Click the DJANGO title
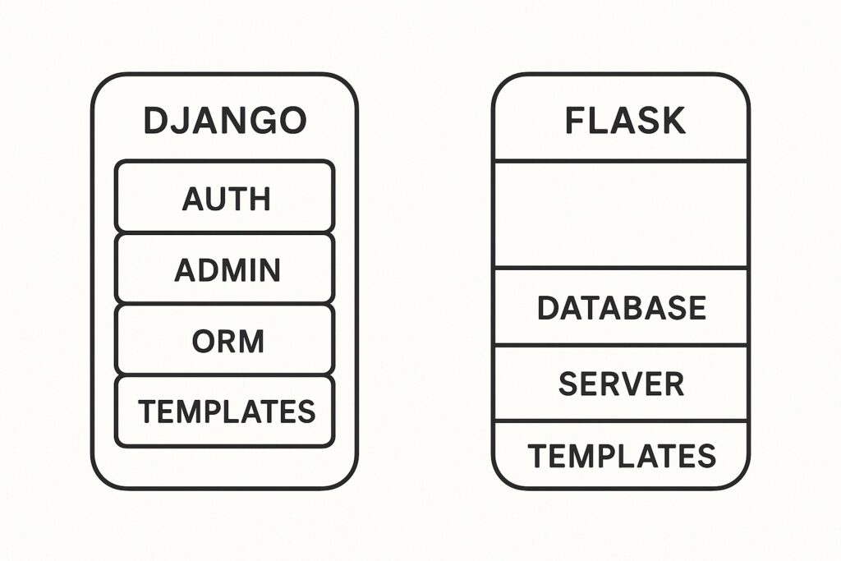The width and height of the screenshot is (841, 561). (224, 121)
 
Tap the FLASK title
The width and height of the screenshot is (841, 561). (625, 121)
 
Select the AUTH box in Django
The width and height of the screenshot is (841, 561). (224, 197)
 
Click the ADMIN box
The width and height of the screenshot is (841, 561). (224, 269)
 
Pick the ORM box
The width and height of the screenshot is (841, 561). (224, 340)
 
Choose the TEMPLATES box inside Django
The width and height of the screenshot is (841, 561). (224, 412)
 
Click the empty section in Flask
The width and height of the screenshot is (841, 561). (621, 214)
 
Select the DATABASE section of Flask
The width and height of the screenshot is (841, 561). (621, 307)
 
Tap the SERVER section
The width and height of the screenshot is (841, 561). (621, 384)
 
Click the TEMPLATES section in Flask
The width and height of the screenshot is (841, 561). (621, 454)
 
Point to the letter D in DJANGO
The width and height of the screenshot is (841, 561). (156, 121)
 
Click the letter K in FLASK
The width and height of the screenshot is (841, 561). (672, 121)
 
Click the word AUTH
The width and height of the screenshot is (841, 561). (226, 198)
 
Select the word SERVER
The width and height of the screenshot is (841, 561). (621, 384)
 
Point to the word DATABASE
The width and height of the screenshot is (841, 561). (621, 307)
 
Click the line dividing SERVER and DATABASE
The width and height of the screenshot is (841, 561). (621, 346)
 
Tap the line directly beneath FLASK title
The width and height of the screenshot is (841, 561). (621, 160)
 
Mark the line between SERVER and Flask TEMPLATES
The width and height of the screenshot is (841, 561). (621, 421)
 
